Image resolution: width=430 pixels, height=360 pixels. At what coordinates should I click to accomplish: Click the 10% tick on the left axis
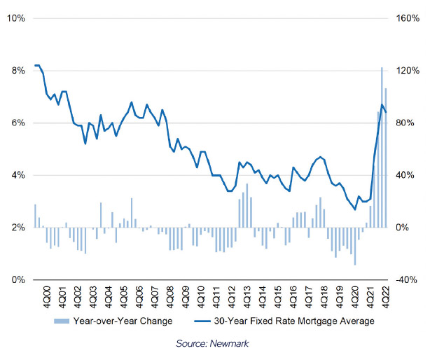tap(16, 18)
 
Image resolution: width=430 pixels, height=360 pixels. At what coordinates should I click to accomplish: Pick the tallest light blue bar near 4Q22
tap(382, 147)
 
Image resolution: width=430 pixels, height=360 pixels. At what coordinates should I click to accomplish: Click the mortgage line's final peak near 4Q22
tap(381, 105)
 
